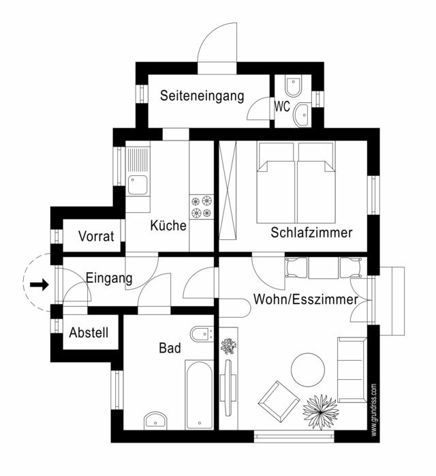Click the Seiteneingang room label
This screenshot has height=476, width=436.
pos(202,96)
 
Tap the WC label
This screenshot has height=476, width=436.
pos(283,106)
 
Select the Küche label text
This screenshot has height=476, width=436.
pos(168,226)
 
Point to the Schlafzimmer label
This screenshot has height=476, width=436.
pos(311,233)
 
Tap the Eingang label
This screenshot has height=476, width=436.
pos(109,278)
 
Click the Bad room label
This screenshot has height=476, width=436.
pos(170,348)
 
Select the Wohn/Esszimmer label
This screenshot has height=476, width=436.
pos(306,299)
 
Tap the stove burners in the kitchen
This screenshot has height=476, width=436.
pos(202,207)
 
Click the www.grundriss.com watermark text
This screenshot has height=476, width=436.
pos(374,409)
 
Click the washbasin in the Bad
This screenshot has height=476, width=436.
pos(157,419)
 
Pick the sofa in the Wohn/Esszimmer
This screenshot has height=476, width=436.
pos(352,370)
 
